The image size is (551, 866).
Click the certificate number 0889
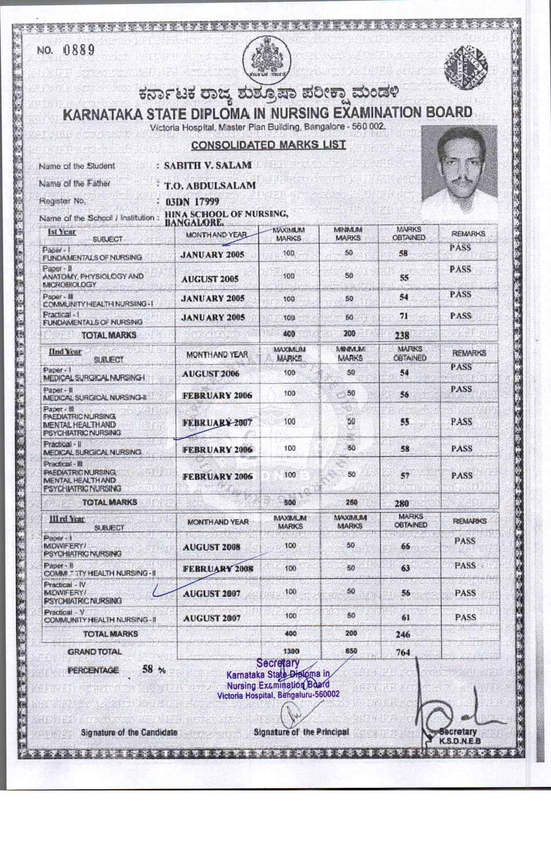[79, 50]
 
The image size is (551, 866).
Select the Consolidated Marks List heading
[268, 145]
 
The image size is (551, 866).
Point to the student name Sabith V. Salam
[208, 165]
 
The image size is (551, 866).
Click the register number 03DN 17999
[192, 201]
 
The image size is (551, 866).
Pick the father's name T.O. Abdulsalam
[210, 185]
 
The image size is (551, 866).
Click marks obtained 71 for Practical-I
[403, 316]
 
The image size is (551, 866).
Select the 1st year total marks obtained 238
[402, 336]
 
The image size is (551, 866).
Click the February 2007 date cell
[217, 422]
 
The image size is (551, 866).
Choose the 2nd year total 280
[402, 503]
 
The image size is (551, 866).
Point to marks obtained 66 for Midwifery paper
[405, 546]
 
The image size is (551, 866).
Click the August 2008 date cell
[212, 547]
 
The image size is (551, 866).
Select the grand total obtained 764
[403, 653]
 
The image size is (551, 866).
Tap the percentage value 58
[148, 669]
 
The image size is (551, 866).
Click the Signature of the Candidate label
[129, 732]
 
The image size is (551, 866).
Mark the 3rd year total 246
[403, 634]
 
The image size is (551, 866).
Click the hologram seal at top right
[465, 67]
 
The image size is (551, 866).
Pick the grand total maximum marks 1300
[291, 651]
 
